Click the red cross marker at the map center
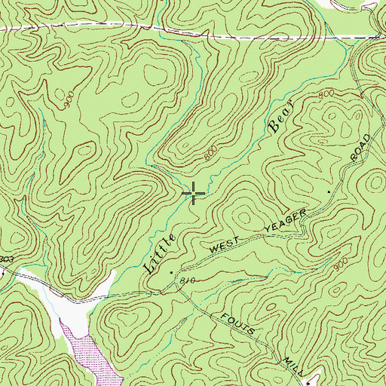tap(194, 194)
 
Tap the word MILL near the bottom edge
tap(283, 354)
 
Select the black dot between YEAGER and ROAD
tap(329, 193)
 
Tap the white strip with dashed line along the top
tap(188, 32)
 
